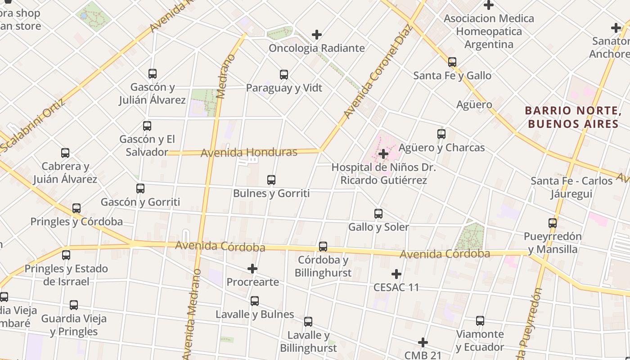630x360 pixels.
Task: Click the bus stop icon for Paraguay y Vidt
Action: click(x=284, y=75)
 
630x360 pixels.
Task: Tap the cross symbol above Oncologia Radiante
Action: click(x=317, y=35)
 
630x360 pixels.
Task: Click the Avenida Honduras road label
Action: click(x=249, y=153)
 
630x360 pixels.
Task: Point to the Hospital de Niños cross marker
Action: click(x=383, y=154)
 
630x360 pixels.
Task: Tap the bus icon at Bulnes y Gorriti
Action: click(x=271, y=180)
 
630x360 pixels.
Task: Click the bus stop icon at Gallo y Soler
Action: click(x=378, y=214)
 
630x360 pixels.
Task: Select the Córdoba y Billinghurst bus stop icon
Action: click(x=323, y=247)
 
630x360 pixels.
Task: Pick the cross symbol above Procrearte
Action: click(x=252, y=269)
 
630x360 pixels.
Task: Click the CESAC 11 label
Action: click(x=396, y=287)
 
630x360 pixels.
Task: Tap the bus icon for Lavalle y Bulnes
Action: click(x=255, y=301)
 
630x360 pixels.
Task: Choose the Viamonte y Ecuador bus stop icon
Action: click(x=480, y=321)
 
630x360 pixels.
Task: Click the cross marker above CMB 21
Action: click(x=423, y=342)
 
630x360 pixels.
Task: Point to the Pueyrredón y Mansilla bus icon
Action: click(x=553, y=223)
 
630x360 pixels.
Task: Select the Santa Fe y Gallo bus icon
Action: click(x=452, y=62)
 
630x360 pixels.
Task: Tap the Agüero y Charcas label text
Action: click(x=441, y=148)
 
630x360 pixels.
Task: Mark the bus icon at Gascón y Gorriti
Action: click(x=140, y=189)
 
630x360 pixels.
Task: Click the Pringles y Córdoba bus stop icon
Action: click(x=76, y=208)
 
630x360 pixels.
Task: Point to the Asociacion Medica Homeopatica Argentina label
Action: click(x=489, y=31)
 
